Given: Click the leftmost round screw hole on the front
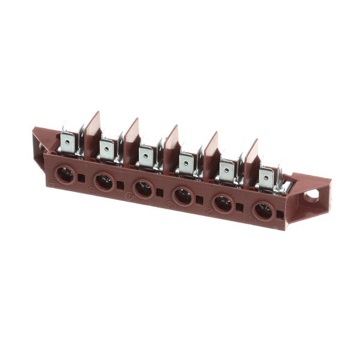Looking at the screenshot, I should (x=65, y=175).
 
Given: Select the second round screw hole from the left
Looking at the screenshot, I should (x=104, y=181).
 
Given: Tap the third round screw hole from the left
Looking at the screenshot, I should (x=143, y=188).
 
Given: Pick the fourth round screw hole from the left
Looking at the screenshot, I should (x=182, y=196).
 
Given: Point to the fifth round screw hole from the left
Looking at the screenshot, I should (x=223, y=203).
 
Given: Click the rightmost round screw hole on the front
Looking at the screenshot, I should (x=263, y=211).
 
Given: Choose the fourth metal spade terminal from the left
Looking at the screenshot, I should (x=187, y=163).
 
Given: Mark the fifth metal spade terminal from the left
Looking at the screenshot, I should (x=226, y=170).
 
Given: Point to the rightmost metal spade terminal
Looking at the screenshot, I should (x=266, y=177).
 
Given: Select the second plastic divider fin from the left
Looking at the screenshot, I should (x=131, y=134).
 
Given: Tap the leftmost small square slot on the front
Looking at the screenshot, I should (x=83, y=179).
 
